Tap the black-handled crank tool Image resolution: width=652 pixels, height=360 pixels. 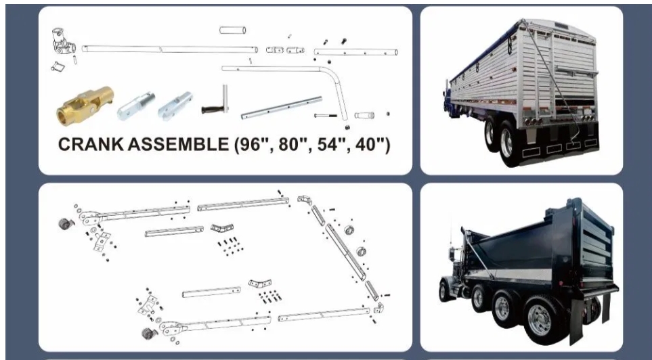(218, 104)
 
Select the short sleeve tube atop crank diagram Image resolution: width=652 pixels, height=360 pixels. (232, 30)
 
